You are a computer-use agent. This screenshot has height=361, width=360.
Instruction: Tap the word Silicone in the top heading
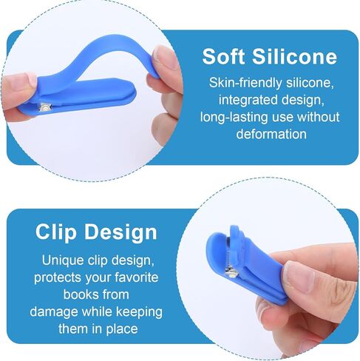click(294, 56)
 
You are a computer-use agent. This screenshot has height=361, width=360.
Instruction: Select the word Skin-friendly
click(245, 83)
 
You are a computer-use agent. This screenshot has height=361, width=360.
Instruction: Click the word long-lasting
click(234, 118)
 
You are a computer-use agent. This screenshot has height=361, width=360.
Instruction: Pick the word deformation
click(271, 134)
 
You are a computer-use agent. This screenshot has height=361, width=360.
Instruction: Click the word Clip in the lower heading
click(56, 232)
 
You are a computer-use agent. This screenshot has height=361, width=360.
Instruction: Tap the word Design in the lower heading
click(120, 232)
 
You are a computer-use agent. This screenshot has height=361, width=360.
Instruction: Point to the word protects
click(58, 278)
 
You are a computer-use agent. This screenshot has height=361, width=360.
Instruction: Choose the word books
click(79, 294)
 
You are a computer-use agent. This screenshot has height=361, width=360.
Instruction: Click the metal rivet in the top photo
click(45, 107)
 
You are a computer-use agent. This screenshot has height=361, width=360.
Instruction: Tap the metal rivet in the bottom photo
click(232, 273)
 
